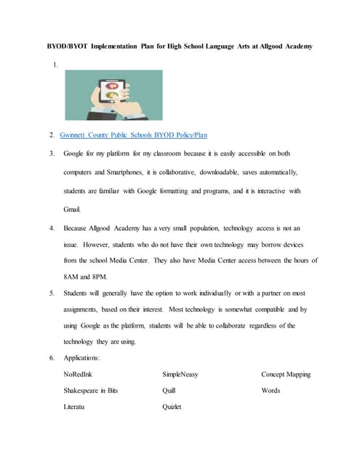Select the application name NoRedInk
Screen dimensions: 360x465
(x=81, y=374)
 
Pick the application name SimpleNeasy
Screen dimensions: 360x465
(x=180, y=374)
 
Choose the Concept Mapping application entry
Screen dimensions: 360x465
(x=286, y=374)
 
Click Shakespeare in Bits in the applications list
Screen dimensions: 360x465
(x=91, y=390)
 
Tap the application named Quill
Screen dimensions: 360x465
(x=169, y=390)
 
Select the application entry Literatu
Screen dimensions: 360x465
(x=76, y=407)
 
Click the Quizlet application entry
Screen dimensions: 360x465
(x=172, y=407)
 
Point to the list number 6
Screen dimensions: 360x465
(x=52, y=358)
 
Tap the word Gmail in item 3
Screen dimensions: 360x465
(x=73, y=209)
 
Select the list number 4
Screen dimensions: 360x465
(x=52, y=227)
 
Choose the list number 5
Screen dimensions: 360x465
(x=52, y=293)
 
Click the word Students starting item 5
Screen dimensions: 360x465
(x=78, y=293)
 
